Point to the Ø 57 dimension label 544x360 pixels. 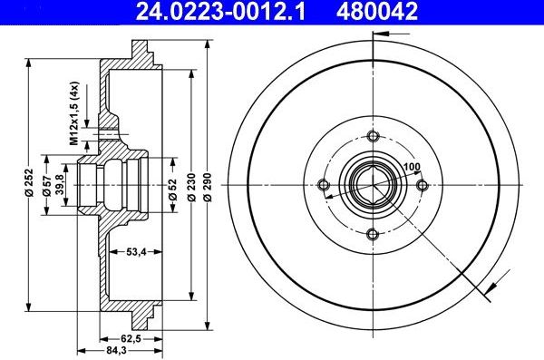click(47, 183)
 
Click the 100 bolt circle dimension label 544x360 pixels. click(412, 167)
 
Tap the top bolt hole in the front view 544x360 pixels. click(373, 137)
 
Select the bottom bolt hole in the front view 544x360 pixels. click(373, 235)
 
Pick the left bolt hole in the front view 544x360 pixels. click(324, 186)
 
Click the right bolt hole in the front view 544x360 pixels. click(422, 186)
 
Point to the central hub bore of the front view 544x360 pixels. click(373, 186)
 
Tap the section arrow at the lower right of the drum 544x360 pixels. click(491, 288)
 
